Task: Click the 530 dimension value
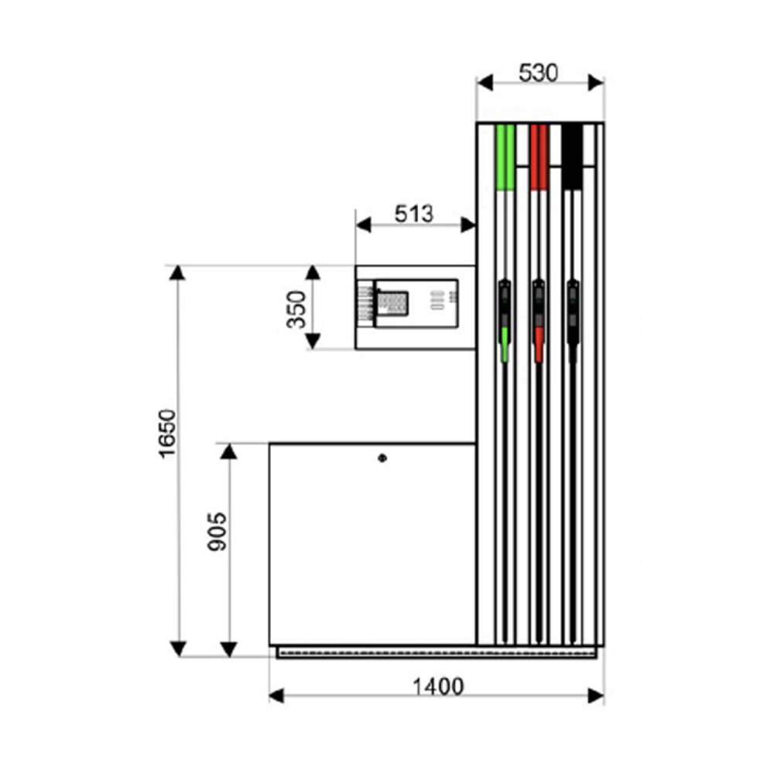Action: click(538, 73)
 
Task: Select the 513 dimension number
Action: click(413, 214)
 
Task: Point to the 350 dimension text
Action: click(296, 310)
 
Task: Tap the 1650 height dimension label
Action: click(167, 433)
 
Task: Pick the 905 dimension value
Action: click(217, 532)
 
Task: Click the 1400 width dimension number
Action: click(438, 687)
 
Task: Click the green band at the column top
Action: click(505, 157)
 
